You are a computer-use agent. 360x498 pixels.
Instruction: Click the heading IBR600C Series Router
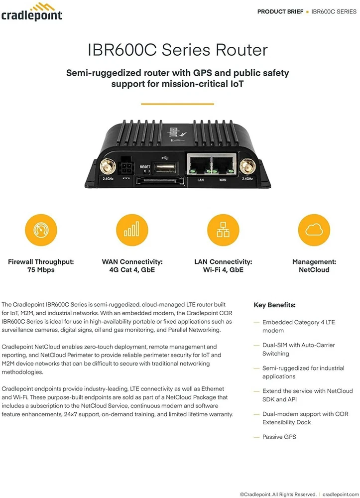pyautogui.click(x=177, y=50)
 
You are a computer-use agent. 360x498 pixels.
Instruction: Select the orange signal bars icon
pyautogui.click(x=132, y=230)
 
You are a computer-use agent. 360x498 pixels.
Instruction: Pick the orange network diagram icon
pyautogui.click(x=223, y=230)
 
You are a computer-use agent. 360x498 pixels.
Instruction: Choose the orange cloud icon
pyautogui.click(x=314, y=230)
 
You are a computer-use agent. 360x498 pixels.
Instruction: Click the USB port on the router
pyautogui.click(x=164, y=166)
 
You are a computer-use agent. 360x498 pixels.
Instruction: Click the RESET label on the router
pyautogui.click(x=145, y=167)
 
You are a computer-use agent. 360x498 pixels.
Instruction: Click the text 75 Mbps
pyautogui.click(x=41, y=270)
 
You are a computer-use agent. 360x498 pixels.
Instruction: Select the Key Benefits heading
pyautogui.click(x=274, y=305)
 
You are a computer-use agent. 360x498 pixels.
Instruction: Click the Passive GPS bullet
pyautogui.click(x=279, y=437)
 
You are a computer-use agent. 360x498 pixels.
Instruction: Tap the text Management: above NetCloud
pyautogui.click(x=314, y=261)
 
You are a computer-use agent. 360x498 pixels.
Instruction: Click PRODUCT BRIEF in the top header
pyautogui.click(x=280, y=11)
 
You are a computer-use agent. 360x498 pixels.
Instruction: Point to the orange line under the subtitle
pyautogui.click(x=177, y=104)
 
